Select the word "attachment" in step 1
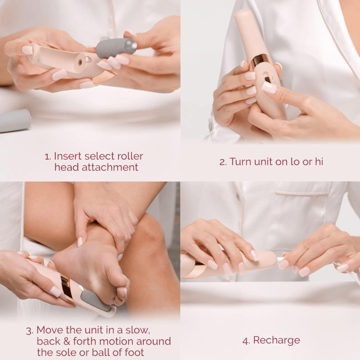(x=110, y=167)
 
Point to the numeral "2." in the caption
(x=223, y=162)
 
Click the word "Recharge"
(x=276, y=340)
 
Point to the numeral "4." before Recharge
(x=246, y=340)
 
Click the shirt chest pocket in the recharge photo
(x=302, y=207)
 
